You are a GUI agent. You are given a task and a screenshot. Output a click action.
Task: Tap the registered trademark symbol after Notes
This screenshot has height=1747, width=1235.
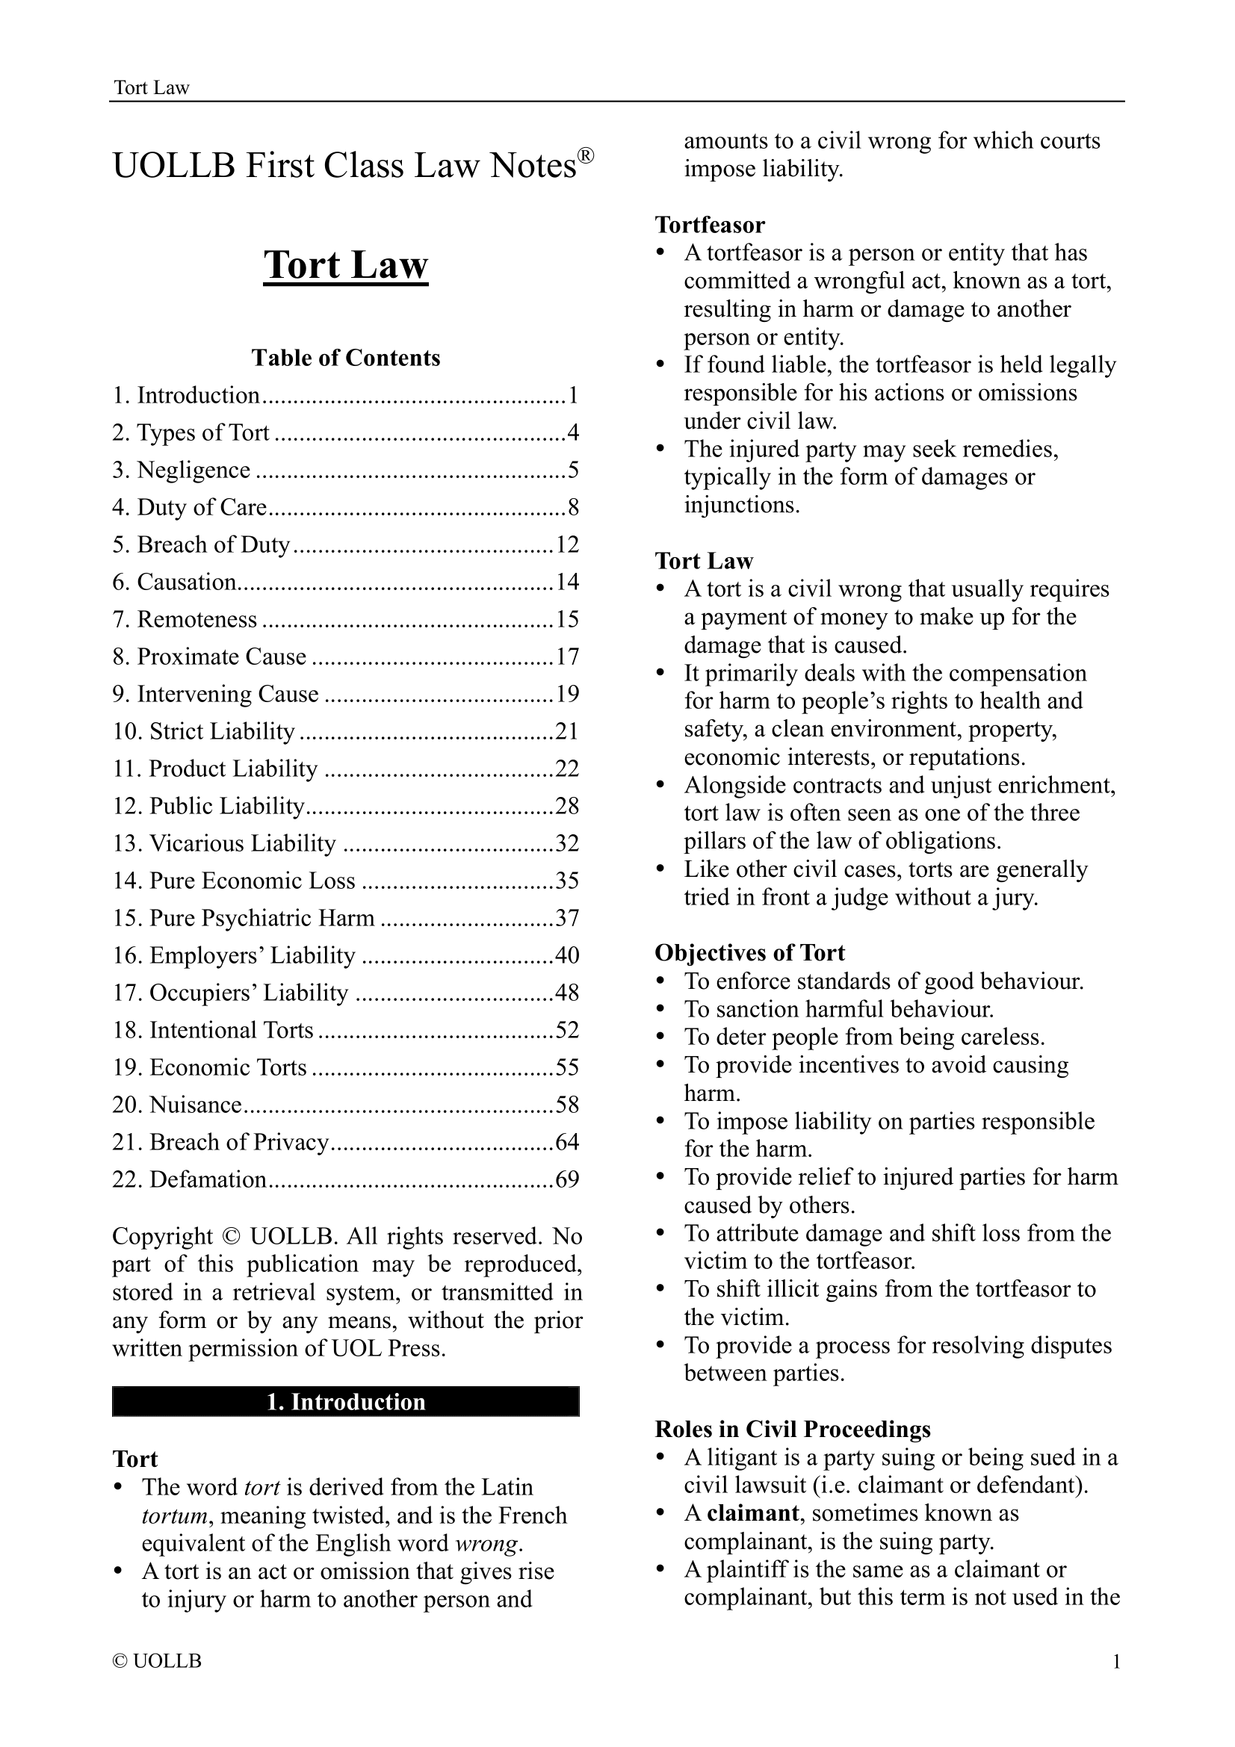[x=584, y=157]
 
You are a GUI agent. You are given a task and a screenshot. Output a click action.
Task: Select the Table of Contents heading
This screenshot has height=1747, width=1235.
[x=345, y=358]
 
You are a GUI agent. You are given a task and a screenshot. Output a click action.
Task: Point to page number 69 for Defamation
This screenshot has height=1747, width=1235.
[x=568, y=1179]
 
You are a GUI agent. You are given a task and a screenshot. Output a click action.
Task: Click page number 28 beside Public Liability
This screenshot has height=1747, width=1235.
[x=568, y=806]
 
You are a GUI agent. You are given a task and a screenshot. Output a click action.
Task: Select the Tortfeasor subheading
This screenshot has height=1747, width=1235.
[x=710, y=226]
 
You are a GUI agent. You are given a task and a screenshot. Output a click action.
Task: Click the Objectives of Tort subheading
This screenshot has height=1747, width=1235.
[x=749, y=952]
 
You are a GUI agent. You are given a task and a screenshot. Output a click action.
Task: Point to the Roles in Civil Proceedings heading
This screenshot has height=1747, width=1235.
[x=792, y=1429]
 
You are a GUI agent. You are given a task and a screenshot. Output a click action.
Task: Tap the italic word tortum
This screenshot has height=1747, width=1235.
[x=174, y=1515]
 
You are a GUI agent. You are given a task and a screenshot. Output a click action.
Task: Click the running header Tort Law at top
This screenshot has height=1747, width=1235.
[x=151, y=87]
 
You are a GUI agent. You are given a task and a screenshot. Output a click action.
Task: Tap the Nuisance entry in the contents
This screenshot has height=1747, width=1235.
[x=196, y=1105]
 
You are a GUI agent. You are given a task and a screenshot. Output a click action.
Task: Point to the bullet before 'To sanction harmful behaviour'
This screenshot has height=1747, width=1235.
[x=661, y=1010]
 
